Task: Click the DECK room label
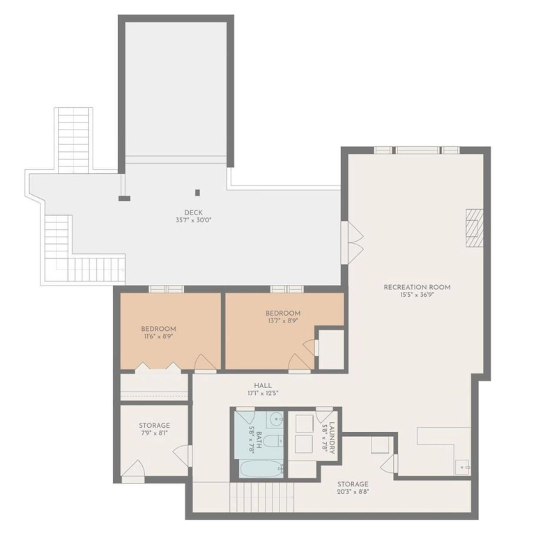(x=194, y=212)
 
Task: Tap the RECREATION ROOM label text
(x=417, y=287)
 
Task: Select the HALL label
(x=263, y=385)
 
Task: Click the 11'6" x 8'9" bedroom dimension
(x=158, y=336)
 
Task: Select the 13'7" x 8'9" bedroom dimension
(x=283, y=320)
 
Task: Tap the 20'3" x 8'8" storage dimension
(x=353, y=491)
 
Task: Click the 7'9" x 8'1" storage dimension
(x=153, y=433)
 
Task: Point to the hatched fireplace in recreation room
(x=475, y=228)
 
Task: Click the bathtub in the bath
(x=261, y=469)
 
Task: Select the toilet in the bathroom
(x=273, y=441)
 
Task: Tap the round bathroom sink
(x=275, y=419)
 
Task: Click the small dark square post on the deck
(x=197, y=192)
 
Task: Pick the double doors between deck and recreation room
(x=351, y=242)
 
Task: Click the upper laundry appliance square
(x=304, y=424)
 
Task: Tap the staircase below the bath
(x=262, y=497)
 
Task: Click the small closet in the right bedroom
(x=331, y=350)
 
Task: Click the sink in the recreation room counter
(x=462, y=467)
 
